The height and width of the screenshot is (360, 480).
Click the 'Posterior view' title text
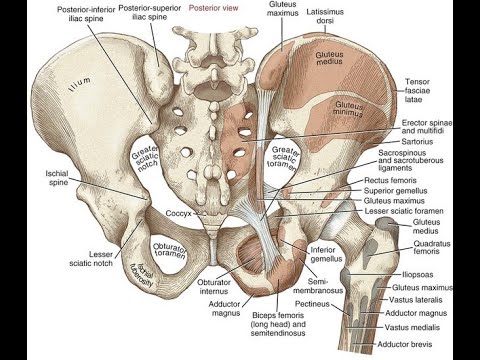tap(214, 8)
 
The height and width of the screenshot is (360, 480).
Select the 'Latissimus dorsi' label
tap(325, 16)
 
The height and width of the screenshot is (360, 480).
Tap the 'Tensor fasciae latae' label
tap(417, 90)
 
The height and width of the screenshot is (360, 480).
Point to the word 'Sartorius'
tap(417, 142)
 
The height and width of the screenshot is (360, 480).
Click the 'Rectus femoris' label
tap(390, 180)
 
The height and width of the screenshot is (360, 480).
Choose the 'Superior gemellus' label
tap(395, 191)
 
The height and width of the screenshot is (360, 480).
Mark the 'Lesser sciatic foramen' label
tap(404, 211)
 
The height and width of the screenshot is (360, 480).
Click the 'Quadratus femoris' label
tap(432, 247)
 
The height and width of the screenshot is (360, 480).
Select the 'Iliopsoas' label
tap(418, 275)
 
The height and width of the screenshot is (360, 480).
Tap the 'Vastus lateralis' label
tap(415, 300)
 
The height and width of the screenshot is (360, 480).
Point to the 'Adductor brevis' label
tap(404, 344)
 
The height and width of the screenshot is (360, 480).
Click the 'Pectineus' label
tap(312, 304)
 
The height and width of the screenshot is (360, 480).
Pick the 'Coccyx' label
tap(178, 213)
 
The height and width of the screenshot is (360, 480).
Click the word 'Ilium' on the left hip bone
tap(79, 84)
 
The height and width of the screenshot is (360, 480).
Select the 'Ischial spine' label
tap(58, 178)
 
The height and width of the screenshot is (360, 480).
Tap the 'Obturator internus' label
tap(214, 287)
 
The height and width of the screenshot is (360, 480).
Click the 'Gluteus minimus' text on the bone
tap(348, 109)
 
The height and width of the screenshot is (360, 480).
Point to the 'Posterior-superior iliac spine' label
tap(150, 13)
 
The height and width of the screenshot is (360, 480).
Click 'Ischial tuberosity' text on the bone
tap(142, 274)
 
